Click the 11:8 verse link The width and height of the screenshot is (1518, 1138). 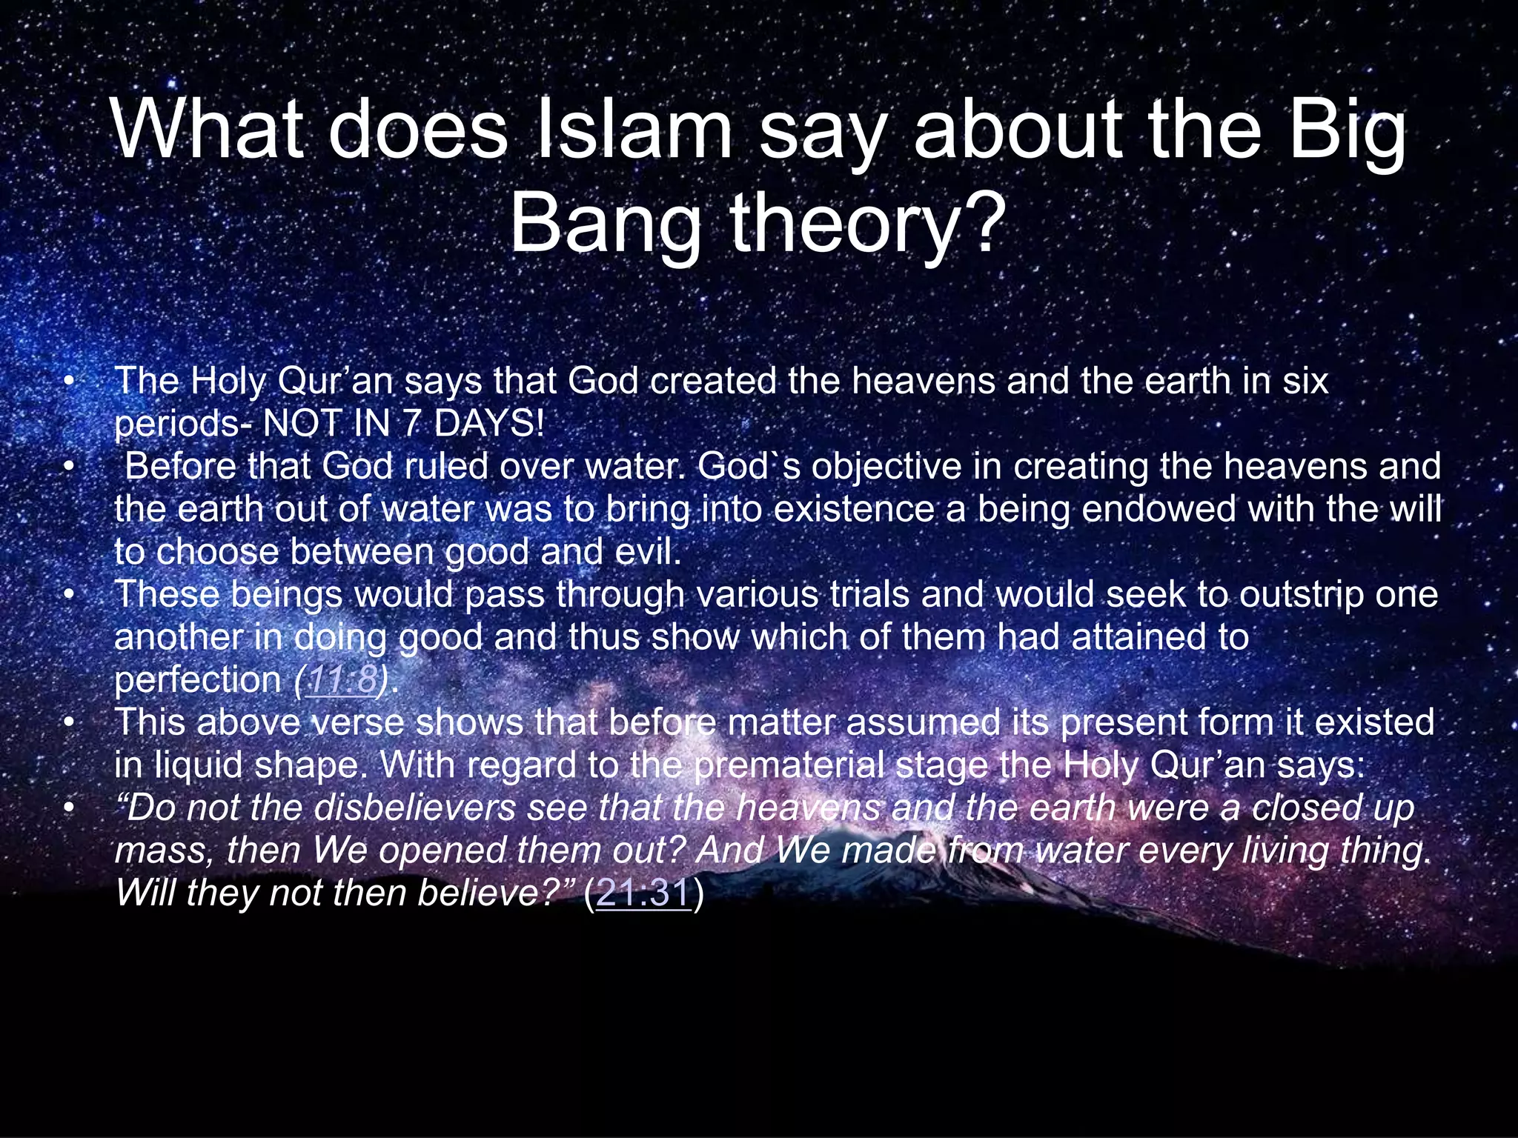(342, 679)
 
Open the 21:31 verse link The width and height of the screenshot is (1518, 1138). (643, 892)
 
